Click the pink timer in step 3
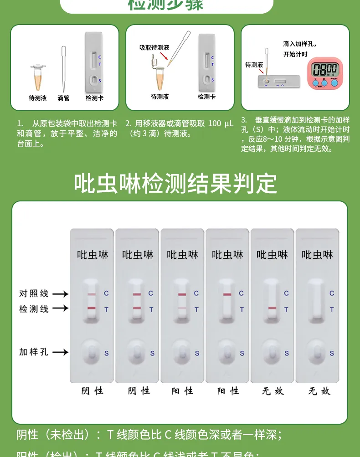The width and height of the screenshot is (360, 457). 324,72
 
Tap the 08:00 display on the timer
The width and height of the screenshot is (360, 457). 324,69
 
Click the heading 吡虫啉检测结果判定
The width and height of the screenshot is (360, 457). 175,184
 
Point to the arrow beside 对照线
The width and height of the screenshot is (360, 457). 60,294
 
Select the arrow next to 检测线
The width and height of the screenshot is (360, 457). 60,308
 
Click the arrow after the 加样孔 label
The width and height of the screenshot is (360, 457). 60,352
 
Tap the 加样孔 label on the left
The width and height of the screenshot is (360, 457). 34,352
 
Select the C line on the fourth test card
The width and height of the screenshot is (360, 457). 227,295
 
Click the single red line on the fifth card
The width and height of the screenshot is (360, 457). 272,308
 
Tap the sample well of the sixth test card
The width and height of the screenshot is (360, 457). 317,352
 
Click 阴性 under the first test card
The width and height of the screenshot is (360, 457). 92,391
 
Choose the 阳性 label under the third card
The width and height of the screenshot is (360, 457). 182,391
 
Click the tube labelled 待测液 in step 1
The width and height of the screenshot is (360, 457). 38,77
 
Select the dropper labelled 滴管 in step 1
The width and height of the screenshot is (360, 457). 64,68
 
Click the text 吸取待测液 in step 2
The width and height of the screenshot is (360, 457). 154,47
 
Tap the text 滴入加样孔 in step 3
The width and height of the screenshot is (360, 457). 299,44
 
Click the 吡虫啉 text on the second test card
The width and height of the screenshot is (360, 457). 138,255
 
